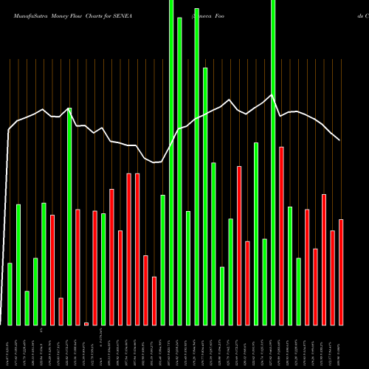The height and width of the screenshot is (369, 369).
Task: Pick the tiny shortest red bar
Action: pos(86,323)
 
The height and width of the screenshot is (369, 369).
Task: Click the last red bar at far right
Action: pos(341,272)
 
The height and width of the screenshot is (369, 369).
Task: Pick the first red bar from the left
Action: pos(52,270)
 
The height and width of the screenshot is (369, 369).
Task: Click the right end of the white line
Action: pos(340,140)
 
